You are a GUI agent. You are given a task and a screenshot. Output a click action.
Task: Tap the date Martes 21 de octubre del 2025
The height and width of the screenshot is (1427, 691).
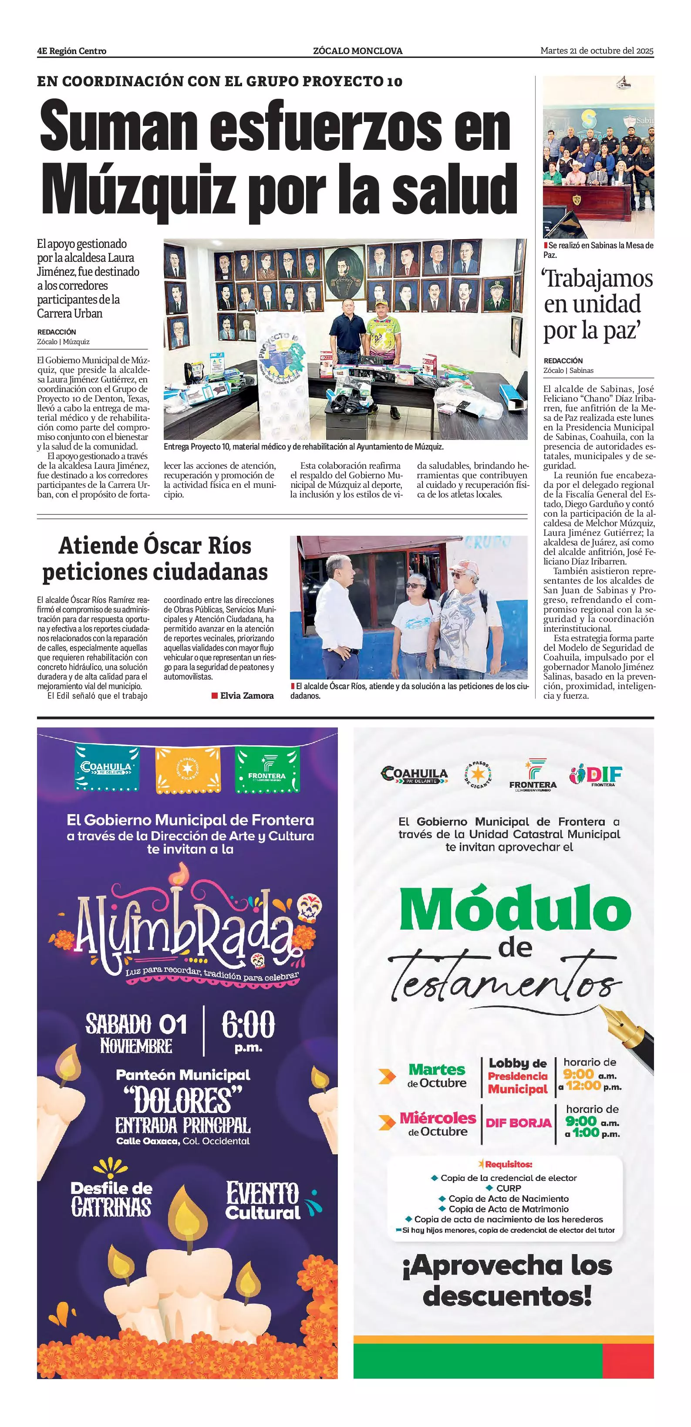(x=597, y=51)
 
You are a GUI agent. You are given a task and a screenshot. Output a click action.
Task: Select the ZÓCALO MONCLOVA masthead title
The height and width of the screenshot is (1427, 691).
(x=357, y=51)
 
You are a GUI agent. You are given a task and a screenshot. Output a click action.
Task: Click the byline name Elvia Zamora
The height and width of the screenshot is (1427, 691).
(x=247, y=696)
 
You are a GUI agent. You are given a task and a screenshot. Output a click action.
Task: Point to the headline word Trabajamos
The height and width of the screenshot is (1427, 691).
(x=598, y=279)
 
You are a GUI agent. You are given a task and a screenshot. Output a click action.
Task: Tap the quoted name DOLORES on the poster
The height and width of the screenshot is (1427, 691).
(x=183, y=1102)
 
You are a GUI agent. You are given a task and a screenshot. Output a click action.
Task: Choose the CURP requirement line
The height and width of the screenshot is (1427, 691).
(x=508, y=1188)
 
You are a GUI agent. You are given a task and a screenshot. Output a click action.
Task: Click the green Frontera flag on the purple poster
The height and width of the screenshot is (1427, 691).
(x=267, y=768)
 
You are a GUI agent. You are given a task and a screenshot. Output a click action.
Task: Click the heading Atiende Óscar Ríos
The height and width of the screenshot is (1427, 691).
(x=155, y=546)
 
